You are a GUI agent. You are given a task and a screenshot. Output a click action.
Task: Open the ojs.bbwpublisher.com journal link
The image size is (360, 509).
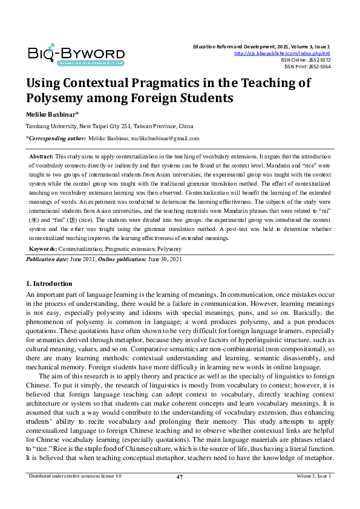click(282, 53)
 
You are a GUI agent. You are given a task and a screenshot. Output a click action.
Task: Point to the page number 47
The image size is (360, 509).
click(180, 477)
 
